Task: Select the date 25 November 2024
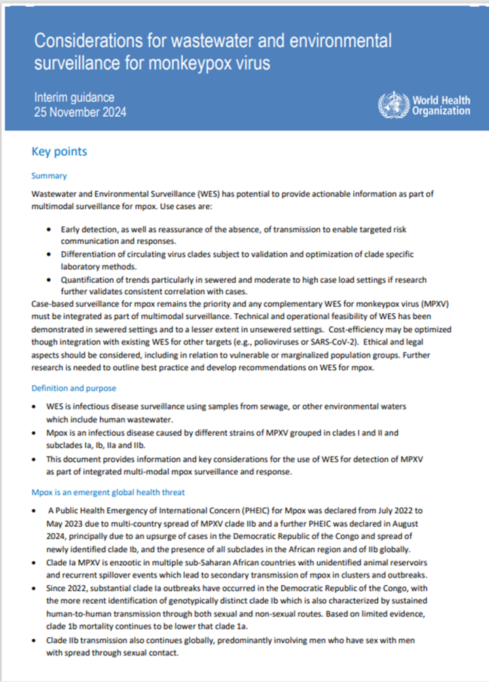[81, 112]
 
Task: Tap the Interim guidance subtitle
[75, 98]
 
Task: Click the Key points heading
[60, 151]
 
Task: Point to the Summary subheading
[49, 176]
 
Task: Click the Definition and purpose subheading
[74, 388]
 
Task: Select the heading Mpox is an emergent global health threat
[108, 492]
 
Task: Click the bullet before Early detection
[49, 230]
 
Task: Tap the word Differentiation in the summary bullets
[88, 254]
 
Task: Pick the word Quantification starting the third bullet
[88, 279]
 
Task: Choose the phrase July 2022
[397, 509]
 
